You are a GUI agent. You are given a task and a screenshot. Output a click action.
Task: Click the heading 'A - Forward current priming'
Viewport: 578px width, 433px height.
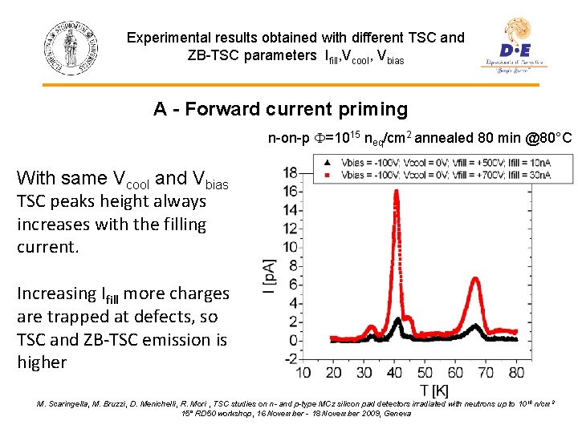280,109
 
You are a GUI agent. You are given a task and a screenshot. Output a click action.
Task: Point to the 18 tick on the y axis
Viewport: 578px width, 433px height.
290,172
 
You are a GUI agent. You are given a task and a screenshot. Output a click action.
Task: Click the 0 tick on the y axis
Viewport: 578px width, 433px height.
294,339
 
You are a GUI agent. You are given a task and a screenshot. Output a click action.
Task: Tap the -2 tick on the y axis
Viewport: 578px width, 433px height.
291,358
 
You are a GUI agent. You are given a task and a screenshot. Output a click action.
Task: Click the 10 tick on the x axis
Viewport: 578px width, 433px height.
304,373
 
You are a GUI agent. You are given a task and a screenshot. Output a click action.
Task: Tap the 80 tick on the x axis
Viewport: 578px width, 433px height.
516,373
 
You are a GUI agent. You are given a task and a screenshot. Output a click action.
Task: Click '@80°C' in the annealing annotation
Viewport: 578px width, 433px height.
547,140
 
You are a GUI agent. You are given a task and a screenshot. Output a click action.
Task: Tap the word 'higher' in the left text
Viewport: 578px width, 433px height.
42,362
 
